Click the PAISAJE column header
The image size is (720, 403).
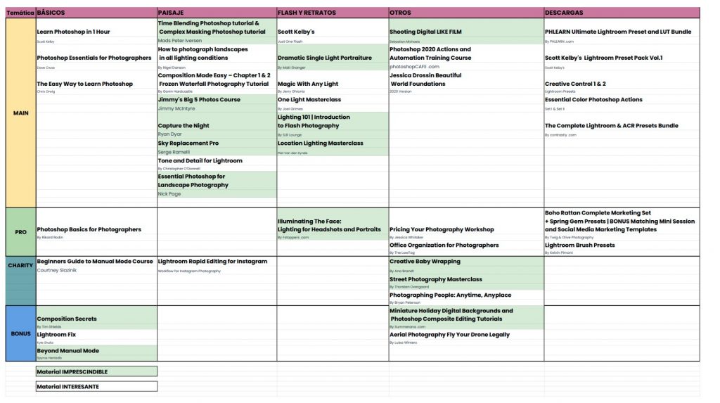tap(172, 13)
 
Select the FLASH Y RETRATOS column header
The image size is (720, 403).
tap(307, 13)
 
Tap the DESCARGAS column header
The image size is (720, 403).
tap(563, 13)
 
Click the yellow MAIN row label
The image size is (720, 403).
tap(20, 113)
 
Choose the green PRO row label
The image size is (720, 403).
tap(20, 231)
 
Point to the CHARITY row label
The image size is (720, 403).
tap(20, 265)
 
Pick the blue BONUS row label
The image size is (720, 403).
tap(20, 333)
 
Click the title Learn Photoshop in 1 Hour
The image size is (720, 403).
tap(73, 32)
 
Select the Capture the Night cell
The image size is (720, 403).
tap(184, 126)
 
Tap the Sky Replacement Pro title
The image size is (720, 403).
tap(188, 143)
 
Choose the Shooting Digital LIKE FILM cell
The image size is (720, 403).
tap(425, 32)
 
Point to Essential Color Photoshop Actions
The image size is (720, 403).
tap(593, 100)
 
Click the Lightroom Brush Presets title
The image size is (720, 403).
tap(579, 245)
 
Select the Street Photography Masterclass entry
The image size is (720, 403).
tap(436, 279)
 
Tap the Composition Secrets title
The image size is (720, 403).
tap(67, 319)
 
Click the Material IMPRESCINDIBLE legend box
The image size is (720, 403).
tap(96, 371)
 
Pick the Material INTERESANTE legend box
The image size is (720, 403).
tap(96, 386)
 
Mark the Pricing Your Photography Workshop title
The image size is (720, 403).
tap(442, 229)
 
